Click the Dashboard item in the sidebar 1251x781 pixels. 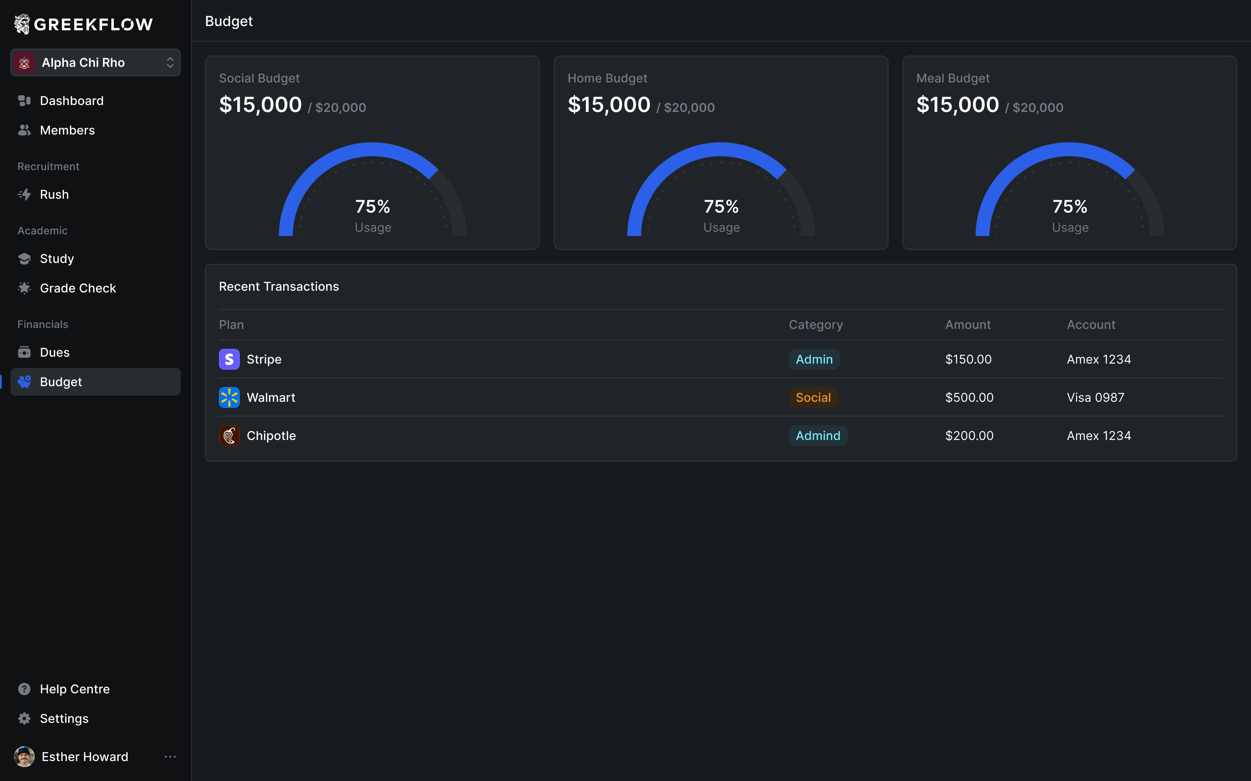click(71, 101)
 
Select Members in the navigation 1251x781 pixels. click(67, 130)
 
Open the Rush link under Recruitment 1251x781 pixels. click(54, 194)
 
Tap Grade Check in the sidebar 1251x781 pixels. click(78, 288)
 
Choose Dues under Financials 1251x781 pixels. click(54, 352)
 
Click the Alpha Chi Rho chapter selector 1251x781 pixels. click(95, 62)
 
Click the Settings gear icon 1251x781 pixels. click(24, 719)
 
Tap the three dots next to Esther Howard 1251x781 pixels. click(170, 757)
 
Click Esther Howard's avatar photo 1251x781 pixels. click(24, 757)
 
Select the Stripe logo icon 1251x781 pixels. click(229, 360)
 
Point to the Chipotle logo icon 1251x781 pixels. click(229, 436)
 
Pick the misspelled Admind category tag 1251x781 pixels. click(818, 436)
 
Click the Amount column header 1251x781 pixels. click(968, 325)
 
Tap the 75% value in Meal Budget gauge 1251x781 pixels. click(1069, 207)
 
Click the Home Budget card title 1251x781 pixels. click(607, 79)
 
